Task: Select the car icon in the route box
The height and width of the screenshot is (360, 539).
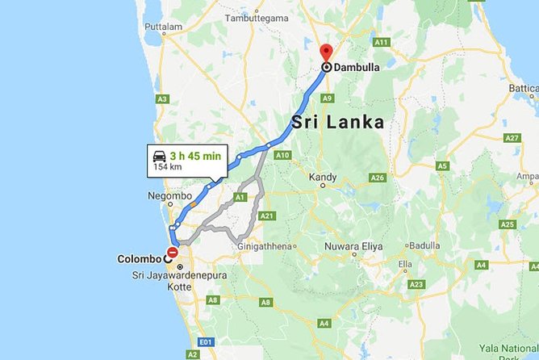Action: [x=160, y=157]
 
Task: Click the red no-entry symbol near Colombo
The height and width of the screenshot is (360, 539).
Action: [x=173, y=253]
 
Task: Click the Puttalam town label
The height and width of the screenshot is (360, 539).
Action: [x=163, y=27]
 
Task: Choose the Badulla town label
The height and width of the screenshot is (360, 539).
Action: [x=424, y=245]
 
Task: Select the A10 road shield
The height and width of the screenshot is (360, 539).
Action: [x=282, y=154]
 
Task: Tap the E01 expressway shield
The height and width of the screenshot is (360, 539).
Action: [x=206, y=341]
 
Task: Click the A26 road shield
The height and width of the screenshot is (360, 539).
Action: [x=378, y=178]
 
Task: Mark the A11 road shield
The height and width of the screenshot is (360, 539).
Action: [x=382, y=41]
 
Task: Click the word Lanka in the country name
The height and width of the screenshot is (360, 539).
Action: [x=356, y=123]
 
